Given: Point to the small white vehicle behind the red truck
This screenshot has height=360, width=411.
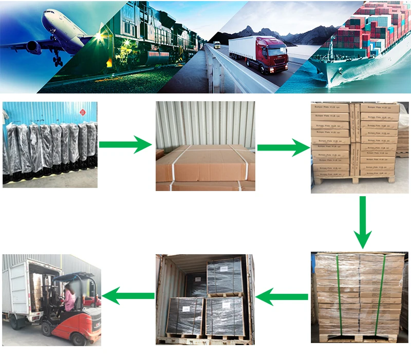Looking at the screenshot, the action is pos(217,45).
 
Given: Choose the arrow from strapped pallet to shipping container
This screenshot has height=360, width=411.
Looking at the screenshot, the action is pos(282,296).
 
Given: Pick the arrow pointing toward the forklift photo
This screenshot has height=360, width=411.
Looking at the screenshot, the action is pos(128,295).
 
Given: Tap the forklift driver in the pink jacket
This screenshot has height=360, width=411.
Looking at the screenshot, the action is pos(68,300).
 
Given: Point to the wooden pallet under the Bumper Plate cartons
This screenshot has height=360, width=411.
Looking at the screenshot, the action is pos(354,180).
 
